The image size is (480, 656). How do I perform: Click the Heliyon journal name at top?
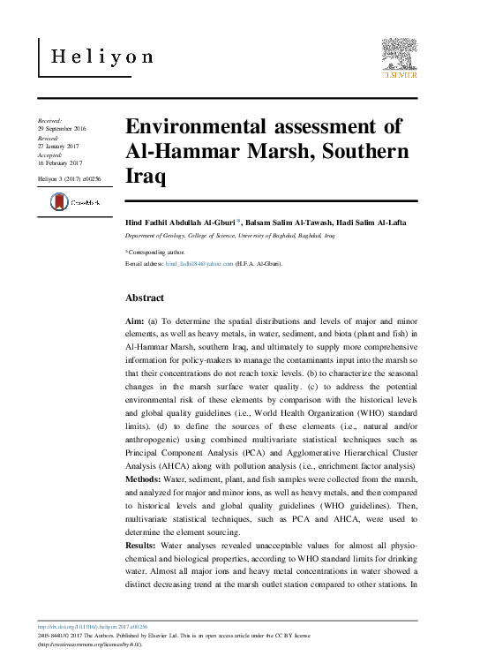(101, 57)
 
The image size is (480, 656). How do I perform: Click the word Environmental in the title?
(207, 126)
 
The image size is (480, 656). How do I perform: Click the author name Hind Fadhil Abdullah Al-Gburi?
(179, 222)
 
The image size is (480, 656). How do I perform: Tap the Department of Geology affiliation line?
(230, 238)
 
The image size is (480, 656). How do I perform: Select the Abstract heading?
(145, 298)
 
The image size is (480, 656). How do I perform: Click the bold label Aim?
(136, 325)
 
